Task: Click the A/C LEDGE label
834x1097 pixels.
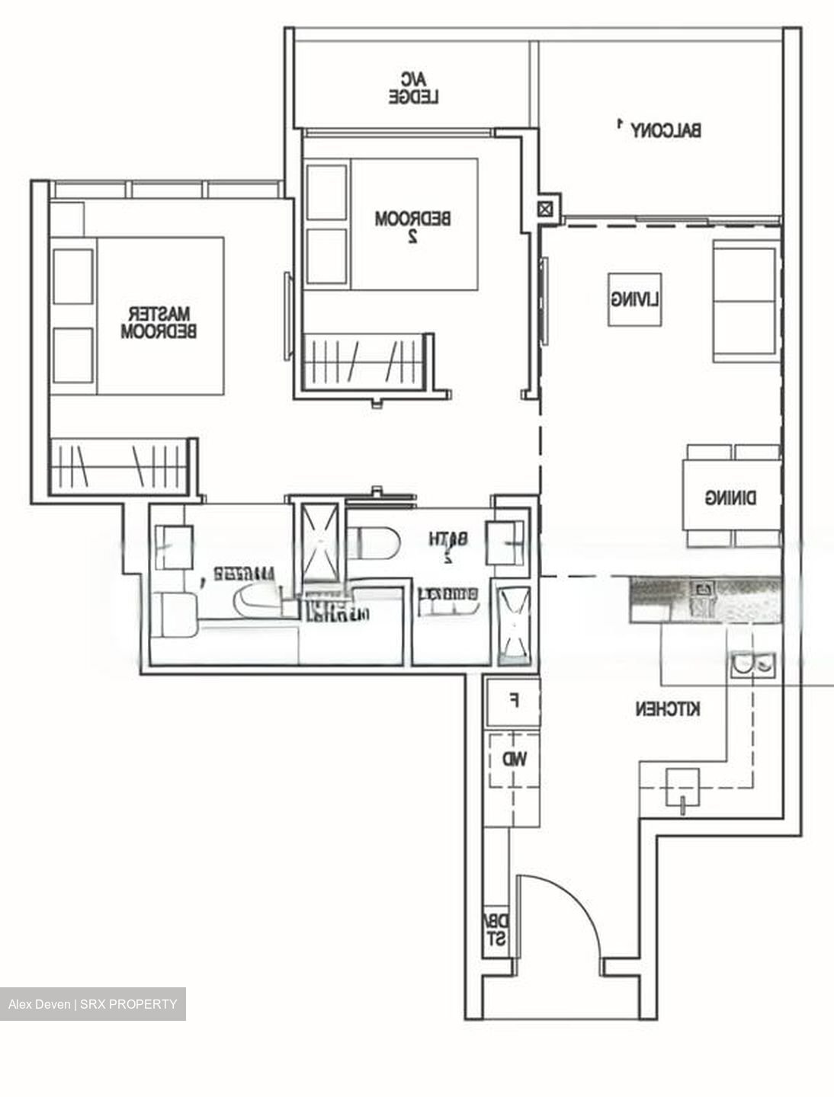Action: pyautogui.click(x=415, y=88)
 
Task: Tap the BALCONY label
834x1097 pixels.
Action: pyautogui.click(x=665, y=130)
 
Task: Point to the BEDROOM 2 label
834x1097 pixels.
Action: pyautogui.click(x=412, y=226)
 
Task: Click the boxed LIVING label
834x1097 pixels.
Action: pyautogui.click(x=634, y=299)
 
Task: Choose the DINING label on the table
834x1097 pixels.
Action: pyautogui.click(x=730, y=498)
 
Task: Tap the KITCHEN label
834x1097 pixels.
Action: pyautogui.click(x=668, y=709)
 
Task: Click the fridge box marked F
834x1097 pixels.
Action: pyautogui.click(x=513, y=701)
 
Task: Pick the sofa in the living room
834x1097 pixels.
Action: pyautogui.click(x=746, y=300)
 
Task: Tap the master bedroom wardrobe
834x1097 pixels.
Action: pyautogui.click(x=118, y=465)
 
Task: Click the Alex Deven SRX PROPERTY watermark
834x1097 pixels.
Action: pyautogui.click(x=92, y=1004)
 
